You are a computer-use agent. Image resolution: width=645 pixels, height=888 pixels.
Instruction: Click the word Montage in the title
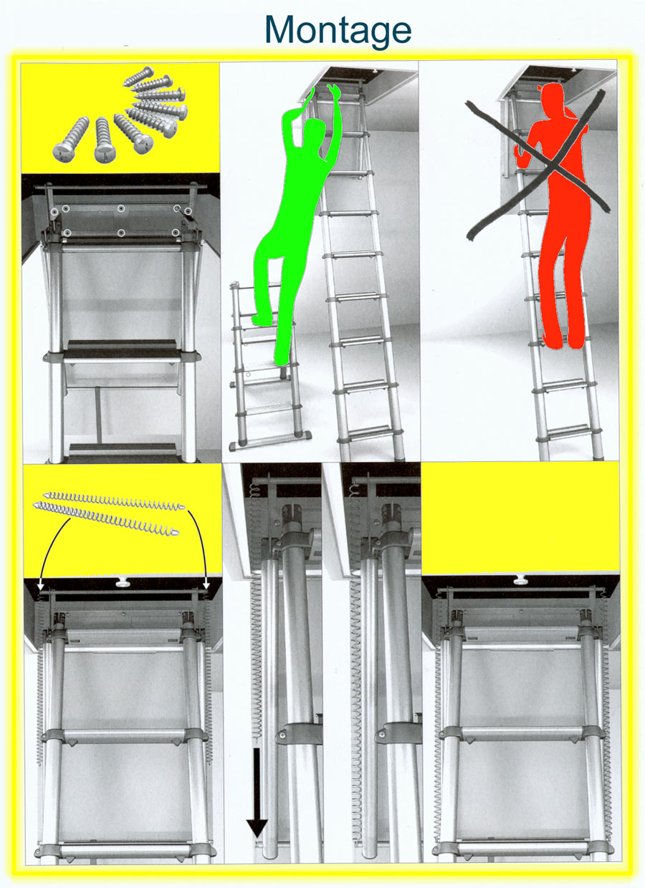coord(338,32)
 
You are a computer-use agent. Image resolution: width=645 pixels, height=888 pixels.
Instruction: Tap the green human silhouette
coord(295,222)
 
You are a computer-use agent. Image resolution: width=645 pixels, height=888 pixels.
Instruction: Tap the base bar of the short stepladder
coord(270,441)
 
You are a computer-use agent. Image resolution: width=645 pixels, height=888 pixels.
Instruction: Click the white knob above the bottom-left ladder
coord(123,582)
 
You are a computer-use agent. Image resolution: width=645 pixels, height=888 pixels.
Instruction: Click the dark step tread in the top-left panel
coord(122,348)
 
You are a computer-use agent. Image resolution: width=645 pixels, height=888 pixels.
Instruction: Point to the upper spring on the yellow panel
coord(114,501)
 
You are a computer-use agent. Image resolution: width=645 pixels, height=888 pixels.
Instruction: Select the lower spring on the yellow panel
coord(105,517)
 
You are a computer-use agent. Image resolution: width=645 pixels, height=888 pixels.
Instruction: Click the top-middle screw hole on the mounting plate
coord(121,208)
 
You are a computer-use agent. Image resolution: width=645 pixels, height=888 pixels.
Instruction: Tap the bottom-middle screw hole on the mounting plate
coord(121,232)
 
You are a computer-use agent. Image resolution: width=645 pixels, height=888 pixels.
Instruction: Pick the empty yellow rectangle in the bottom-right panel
coord(520,518)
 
